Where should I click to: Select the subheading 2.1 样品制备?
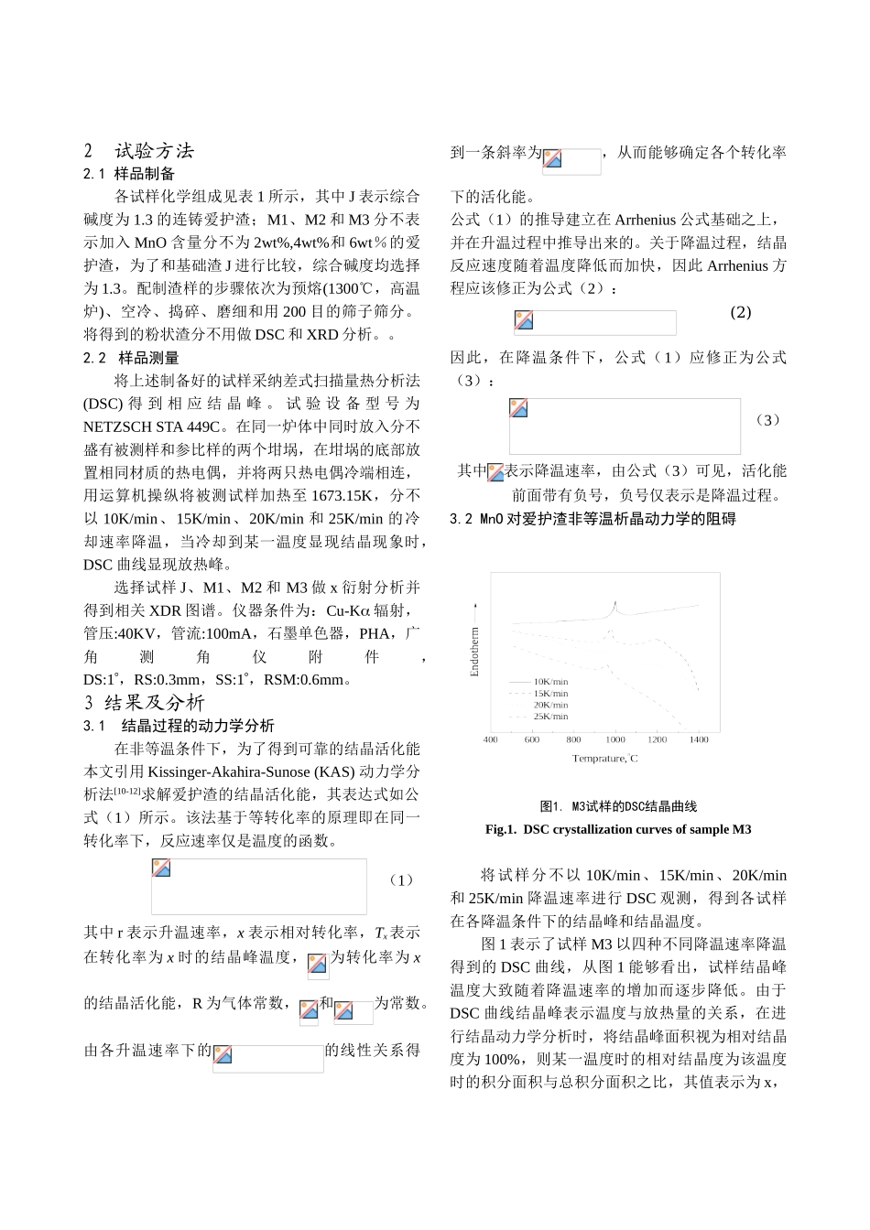coord(129,174)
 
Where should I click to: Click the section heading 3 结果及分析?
coord(145,703)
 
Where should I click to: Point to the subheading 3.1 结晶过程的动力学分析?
coord(179,726)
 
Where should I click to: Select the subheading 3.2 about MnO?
coord(593,519)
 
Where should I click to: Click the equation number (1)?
coord(401,880)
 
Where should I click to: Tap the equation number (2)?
coord(740,312)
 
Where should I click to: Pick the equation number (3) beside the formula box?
coord(767,420)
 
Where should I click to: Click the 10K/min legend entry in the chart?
coord(550,682)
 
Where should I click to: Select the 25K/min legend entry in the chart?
coord(550,717)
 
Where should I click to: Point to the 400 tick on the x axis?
coord(491,739)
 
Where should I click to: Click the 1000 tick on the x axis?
coord(615,739)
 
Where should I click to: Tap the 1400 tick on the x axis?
coord(699,739)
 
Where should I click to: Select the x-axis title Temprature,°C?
coord(604,759)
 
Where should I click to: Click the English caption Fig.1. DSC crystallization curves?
coord(618,829)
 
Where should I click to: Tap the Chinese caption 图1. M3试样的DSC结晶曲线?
coord(618,806)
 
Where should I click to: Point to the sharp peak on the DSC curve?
coord(616,603)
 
